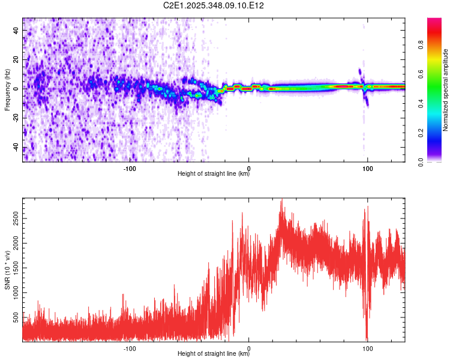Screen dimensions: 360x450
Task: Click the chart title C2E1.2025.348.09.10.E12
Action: [214, 5]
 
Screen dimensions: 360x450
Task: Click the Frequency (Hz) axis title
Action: [7, 91]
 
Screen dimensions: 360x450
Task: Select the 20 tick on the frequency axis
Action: [16, 60]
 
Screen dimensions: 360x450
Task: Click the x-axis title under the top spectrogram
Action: [214, 175]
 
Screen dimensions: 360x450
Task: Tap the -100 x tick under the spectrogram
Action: [130, 169]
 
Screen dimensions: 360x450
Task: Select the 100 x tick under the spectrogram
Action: [368, 169]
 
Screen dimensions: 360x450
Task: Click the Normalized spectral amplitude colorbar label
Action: [445, 91]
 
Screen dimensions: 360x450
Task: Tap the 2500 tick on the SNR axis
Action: [13, 212]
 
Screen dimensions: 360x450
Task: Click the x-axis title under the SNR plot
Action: [214, 354]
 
